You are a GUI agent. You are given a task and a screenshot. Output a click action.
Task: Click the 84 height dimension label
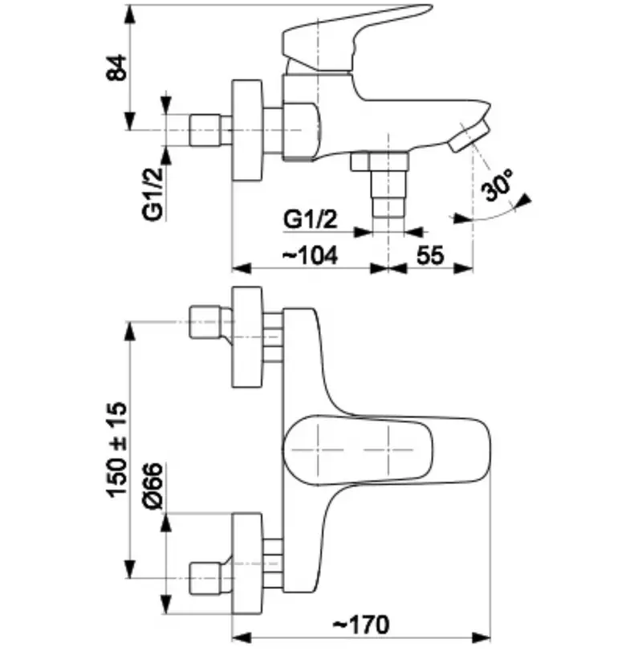[x=116, y=67]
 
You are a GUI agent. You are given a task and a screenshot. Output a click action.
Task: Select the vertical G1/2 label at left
[x=153, y=194]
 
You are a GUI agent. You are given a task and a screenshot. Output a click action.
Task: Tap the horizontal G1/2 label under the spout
[x=311, y=219]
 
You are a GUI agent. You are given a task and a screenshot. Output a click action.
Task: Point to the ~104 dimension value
[x=311, y=255]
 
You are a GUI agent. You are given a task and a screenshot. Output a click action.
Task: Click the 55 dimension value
[x=430, y=255]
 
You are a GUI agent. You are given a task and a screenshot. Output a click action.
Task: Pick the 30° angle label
[x=498, y=185]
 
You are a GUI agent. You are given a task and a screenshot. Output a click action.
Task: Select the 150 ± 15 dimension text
[x=116, y=450]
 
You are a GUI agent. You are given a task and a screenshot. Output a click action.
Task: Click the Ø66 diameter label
[x=152, y=486]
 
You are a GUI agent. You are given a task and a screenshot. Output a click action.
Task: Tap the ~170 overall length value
[x=362, y=624]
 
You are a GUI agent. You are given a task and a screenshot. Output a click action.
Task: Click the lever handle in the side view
[x=353, y=39]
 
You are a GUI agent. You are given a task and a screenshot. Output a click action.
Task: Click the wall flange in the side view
[x=247, y=130]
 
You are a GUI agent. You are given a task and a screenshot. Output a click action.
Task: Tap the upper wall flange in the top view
[x=247, y=336]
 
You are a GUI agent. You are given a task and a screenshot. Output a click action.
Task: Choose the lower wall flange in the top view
[x=247, y=564]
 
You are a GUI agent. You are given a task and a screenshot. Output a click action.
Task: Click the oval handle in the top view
[x=358, y=450]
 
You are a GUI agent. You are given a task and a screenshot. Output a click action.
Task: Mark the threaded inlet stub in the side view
[x=210, y=130]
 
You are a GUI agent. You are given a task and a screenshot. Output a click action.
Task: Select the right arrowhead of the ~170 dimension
[x=481, y=637]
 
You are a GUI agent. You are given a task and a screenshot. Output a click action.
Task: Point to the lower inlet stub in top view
[x=210, y=577]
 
